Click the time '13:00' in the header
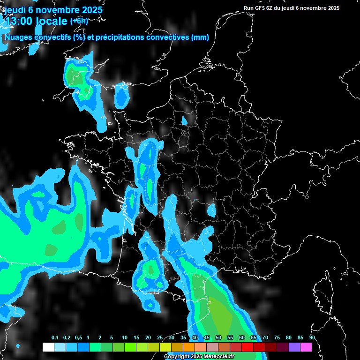pos(20,21)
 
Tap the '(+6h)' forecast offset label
pos(79,21)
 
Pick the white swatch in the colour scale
pos(48,347)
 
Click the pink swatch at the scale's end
pos(306,347)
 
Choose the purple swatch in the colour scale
pos(294,347)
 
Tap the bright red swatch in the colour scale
pos(247,347)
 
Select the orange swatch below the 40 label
pos(189,347)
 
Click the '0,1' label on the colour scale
pos(55,338)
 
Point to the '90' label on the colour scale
pos(312,338)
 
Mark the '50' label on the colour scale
pos(218,338)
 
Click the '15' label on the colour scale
pos(136,338)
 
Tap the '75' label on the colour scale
pos(277,338)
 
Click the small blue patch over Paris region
pos(184,120)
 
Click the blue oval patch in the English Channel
pos(122,96)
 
